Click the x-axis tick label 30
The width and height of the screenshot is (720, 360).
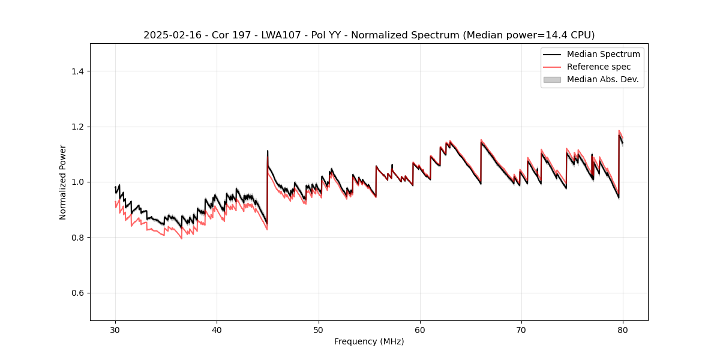[115, 329]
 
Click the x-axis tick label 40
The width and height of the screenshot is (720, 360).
[217, 329]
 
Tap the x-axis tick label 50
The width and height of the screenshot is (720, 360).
[319, 329]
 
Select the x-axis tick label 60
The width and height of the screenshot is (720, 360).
[420, 329]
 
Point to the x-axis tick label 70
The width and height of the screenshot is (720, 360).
[521, 329]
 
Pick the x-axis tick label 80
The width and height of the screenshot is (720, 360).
[623, 329]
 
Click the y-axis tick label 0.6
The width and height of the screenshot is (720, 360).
[77, 293]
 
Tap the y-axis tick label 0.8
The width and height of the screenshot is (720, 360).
[77, 238]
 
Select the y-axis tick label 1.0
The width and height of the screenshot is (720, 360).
[77, 182]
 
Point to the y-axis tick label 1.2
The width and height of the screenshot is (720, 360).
[77, 127]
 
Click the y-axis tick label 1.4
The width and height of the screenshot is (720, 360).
[77, 71]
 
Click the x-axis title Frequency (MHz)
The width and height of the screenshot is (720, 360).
[369, 341]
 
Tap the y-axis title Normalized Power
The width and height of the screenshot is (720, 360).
[63, 182]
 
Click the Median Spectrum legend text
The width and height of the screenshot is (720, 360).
[603, 54]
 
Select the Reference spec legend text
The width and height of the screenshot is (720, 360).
[599, 67]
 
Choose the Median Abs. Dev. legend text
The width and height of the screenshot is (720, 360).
[602, 79]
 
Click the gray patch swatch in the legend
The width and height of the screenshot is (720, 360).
[552, 79]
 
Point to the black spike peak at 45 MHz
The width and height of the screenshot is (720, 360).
[268, 151]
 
